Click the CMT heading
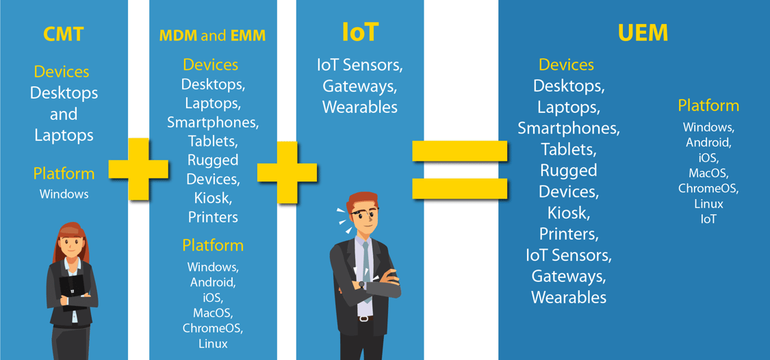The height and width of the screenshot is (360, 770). [64, 34]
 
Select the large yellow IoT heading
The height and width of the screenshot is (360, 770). [360, 32]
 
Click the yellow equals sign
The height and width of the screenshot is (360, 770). [459, 170]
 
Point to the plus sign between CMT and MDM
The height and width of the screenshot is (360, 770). [138, 169]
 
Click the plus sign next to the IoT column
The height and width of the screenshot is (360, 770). [287, 173]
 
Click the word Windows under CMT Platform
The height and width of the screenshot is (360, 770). [64, 194]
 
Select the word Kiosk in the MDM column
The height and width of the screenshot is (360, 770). [213, 198]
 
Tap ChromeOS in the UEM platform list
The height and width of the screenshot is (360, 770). [708, 188]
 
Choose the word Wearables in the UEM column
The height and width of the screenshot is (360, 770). [569, 297]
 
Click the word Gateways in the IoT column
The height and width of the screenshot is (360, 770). [360, 86]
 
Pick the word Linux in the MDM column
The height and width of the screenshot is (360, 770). [213, 344]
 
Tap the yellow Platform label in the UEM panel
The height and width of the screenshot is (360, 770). [708, 105]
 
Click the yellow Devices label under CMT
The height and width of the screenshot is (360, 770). [62, 72]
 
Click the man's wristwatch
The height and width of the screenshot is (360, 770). [362, 284]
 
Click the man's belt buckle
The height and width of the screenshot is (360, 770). [363, 318]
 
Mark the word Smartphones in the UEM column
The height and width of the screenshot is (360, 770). [568, 128]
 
